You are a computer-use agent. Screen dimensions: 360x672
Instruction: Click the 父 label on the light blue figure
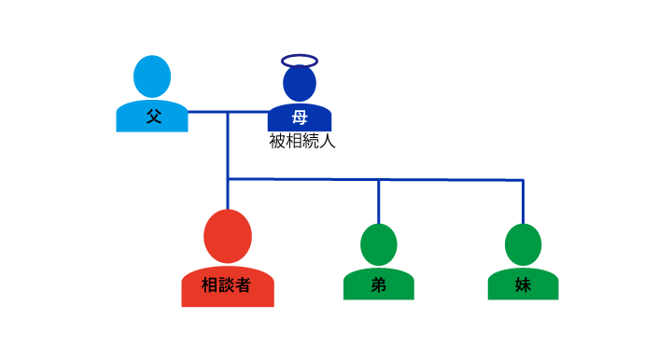pyautogui.click(x=152, y=118)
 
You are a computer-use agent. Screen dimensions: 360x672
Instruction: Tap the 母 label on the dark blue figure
pyautogui.click(x=300, y=118)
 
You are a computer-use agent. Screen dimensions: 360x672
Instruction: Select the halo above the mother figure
pyautogui.click(x=300, y=62)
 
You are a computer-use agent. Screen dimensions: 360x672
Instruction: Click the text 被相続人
pyautogui.click(x=301, y=143)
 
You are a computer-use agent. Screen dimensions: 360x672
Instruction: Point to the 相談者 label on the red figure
pyautogui.click(x=227, y=286)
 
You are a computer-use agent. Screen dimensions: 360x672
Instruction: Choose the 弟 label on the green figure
pyautogui.click(x=378, y=285)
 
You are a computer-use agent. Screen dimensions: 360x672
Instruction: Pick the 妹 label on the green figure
pyautogui.click(x=523, y=285)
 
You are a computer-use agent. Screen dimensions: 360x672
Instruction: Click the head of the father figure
pyautogui.click(x=152, y=76)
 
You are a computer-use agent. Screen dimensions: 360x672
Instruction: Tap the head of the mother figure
pyautogui.click(x=300, y=84)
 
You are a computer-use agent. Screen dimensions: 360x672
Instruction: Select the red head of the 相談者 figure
pyautogui.click(x=228, y=236)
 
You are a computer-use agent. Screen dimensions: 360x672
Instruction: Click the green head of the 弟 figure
pyautogui.click(x=378, y=244)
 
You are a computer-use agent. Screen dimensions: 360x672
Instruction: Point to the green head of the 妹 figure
pyautogui.click(x=523, y=244)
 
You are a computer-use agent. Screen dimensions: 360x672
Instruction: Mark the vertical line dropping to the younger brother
pyautogui.click(x=378, y=201)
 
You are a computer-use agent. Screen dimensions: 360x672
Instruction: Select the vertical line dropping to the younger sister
pyautogui.click(x=523, y=201)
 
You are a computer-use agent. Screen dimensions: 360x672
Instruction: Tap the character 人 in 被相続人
pyautogui.click(x=327, y=143)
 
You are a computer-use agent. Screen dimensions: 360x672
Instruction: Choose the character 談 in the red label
pyautogui.click(x=227, y=286)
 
